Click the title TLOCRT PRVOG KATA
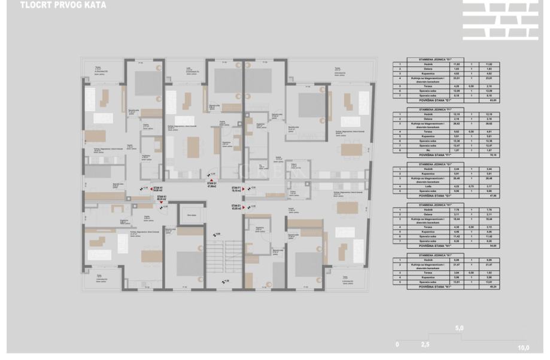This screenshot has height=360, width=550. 54,6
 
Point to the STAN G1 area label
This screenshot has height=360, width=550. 211,185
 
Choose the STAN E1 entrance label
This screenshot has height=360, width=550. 236,207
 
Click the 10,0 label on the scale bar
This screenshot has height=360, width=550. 524,347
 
